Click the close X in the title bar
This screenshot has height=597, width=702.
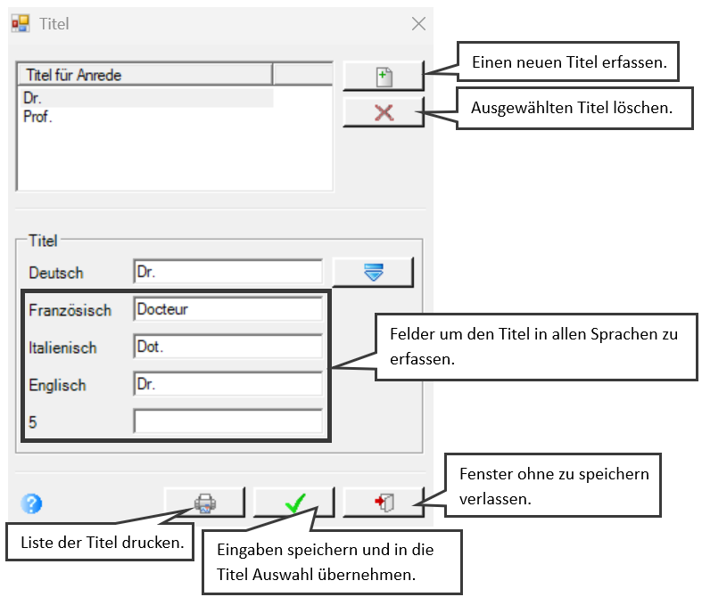[418, 24]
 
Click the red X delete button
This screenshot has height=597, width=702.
[384, 112]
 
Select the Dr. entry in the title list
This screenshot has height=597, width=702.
[32, 98]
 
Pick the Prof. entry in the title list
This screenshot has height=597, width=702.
[37, 117]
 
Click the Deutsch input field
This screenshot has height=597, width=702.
[227, 272]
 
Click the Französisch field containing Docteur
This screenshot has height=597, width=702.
[227, 309]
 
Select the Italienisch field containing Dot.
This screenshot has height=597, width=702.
[227, 347]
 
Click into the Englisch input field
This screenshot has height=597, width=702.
[227, 384]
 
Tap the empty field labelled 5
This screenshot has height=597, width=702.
[227, 421]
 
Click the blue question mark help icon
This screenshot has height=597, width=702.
[31, 503]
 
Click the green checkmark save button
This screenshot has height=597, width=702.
[294, 503]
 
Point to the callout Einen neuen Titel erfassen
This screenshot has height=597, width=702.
[568, 62]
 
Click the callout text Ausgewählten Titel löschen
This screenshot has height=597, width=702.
[572, 108]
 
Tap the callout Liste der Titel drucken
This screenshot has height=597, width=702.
[102, 543]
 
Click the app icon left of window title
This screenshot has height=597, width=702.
[21, 23]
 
